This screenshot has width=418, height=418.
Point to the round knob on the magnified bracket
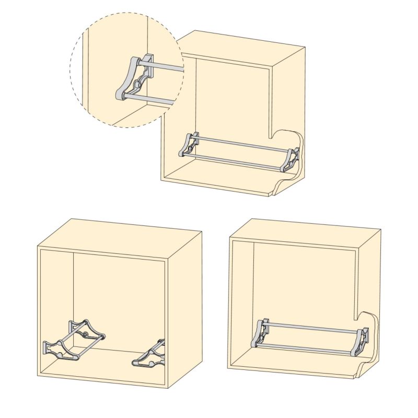pos(138,83)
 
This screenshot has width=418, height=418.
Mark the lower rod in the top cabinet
pos(235,161)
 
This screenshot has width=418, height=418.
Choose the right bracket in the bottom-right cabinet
pos(364,341)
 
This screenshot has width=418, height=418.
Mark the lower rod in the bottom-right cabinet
pos(308,346)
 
